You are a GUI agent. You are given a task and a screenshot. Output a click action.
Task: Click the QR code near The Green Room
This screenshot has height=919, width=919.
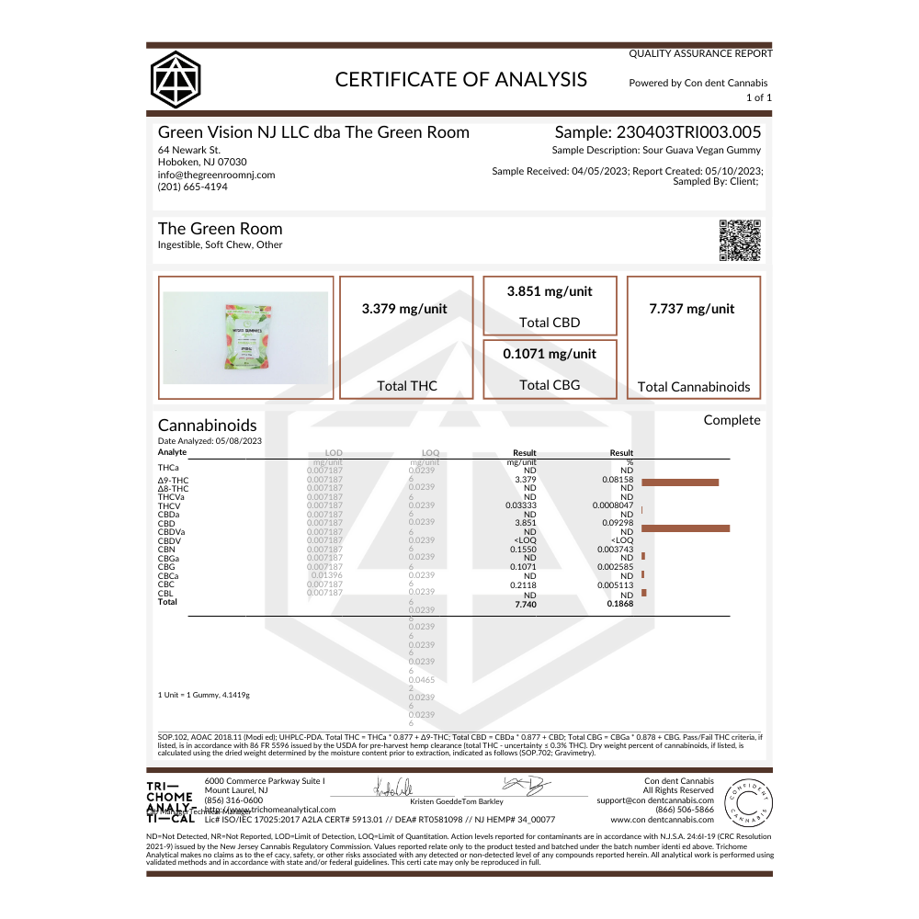coord(740,241)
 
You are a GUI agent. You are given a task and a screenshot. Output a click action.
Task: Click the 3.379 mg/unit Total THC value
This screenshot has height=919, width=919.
coord(405,309)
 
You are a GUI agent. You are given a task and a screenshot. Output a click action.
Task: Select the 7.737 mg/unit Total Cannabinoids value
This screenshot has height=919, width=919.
coord(693,309)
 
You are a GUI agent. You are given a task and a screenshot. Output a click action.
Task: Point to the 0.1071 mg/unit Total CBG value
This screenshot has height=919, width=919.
coord(550,354)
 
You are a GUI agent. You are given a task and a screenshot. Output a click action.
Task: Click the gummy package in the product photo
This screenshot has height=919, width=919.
coord(245,337)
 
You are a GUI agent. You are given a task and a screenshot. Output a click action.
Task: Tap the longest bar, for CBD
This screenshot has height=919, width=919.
coord(686,528)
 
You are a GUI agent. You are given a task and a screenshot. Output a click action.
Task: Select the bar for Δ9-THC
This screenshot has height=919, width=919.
coord(680,482)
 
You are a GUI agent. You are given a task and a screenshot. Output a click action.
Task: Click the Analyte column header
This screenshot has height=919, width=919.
coord(173,452)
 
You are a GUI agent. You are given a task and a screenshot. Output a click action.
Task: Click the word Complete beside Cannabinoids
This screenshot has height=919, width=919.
coord(732,420)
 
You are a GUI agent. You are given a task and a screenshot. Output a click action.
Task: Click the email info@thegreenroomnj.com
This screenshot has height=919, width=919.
coord(216,175)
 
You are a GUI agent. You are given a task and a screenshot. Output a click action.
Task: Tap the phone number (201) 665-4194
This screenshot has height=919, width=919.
coord(193,187)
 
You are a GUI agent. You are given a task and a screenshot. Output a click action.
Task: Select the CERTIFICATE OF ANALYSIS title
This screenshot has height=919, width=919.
coord(460,79)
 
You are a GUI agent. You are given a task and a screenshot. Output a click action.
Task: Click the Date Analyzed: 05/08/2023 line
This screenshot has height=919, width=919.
coord(210,441)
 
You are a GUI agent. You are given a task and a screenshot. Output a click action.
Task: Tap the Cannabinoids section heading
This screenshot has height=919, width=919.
coord(208,425)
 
